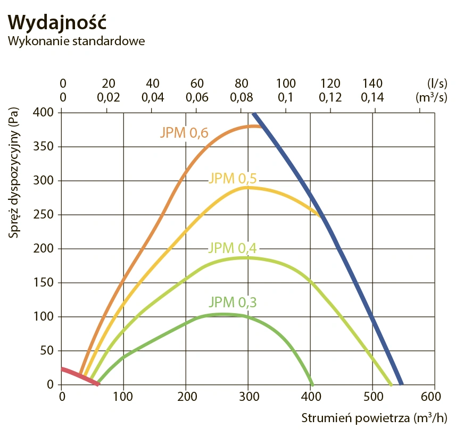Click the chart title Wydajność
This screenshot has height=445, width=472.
click(x=58, y=22)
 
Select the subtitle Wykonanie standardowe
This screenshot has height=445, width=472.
click(x=77, y=41)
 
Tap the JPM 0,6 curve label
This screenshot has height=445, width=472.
click(x=184, y=133)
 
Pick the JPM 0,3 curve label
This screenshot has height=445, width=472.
click(x=233, y=303)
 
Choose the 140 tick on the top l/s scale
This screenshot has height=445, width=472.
click(x=372, y=83)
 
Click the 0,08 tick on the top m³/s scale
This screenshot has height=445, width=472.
click(x=242, y=98)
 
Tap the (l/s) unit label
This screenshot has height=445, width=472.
click(x=436, y=83)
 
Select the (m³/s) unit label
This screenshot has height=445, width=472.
click(x=430, y=98)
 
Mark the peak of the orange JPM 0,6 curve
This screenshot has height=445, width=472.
click(x=252, y=126)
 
